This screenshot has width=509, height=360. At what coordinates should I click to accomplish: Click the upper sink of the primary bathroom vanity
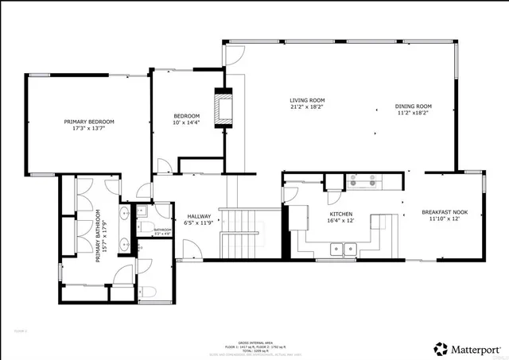coord(125,215)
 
